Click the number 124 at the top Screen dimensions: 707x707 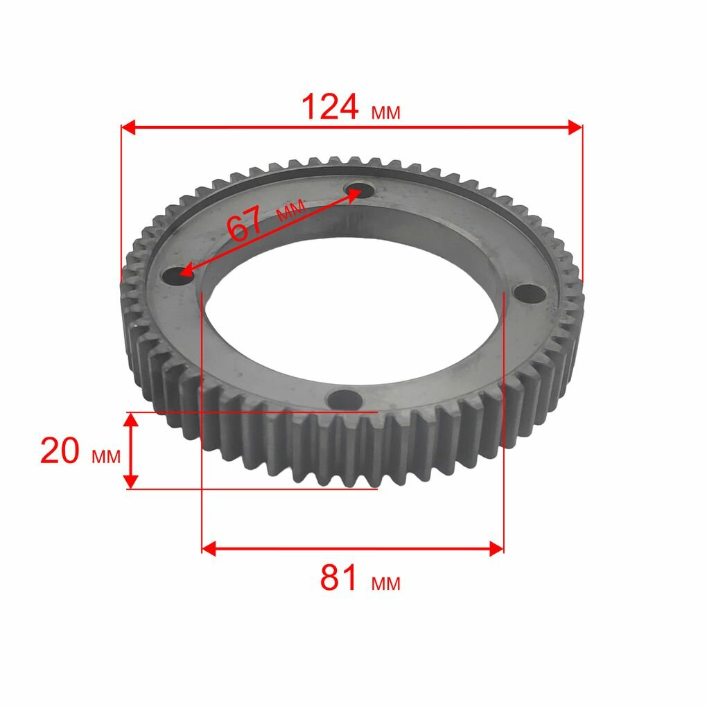pos(330,107)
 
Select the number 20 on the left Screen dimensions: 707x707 pos(60,451)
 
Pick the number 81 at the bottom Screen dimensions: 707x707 pos(339,577)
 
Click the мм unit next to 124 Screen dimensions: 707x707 pos(385,112)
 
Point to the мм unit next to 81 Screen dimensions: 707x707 pos(385,584)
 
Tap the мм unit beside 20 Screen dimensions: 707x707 pos(107,457)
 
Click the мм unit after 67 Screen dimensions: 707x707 pos(291,210)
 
